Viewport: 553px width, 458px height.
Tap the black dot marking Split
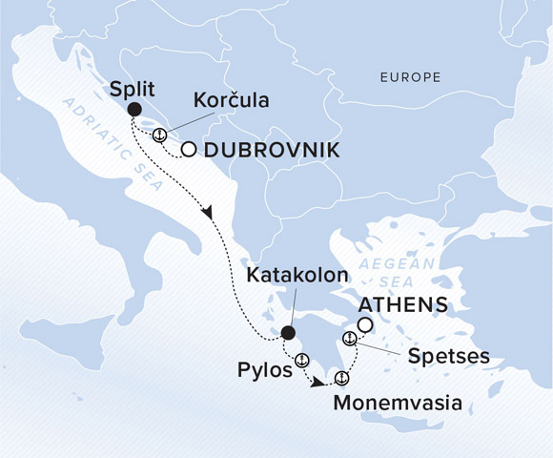(134, 109)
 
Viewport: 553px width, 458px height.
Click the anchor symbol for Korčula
(160, 135)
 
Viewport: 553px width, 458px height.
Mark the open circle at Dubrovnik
(189, 150)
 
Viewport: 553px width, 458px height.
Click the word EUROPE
(409, 76)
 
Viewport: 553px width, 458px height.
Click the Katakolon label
(293, 276)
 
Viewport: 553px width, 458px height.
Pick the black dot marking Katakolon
(287, 333)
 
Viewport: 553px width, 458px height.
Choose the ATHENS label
(402, 305)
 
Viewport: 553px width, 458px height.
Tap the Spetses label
(448, 356)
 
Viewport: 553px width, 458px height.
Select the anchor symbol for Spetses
(349, 339)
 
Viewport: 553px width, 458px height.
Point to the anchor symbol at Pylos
(301, 360)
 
